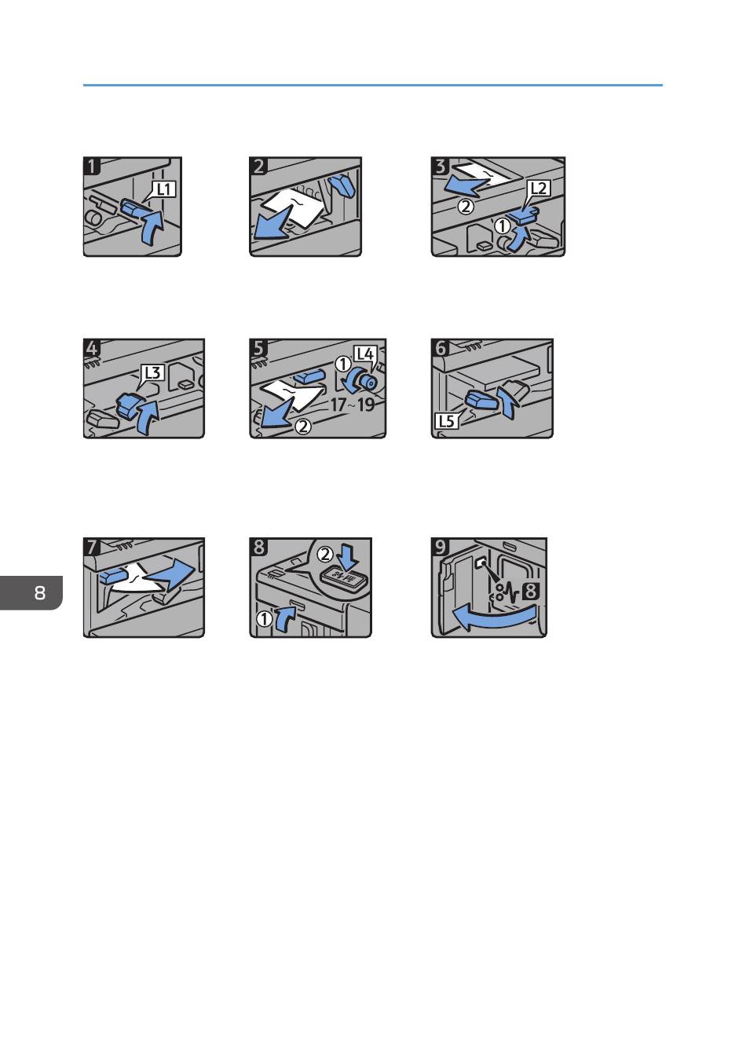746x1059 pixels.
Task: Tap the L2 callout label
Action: click(x=538, y=189)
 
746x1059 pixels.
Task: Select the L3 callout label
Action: click(x=152, y=372)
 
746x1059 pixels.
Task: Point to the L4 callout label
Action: click(x=364, y=354)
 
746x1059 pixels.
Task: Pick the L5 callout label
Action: click(x=446, y=420)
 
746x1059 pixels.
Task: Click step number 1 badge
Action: click(x=92, y=166)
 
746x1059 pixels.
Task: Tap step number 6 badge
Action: click(x=441, y=348)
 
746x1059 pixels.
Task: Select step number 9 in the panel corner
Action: click(x=441, y=547)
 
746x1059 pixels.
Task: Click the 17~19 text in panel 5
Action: click(x=352, y=405)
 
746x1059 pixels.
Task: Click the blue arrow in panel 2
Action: click(x=273, y=224)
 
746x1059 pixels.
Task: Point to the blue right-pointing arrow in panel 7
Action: click(x=171, y=572)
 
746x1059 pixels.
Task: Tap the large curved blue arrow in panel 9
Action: click(x=494, y=617)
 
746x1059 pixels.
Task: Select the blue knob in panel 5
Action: click(x=366, y=381)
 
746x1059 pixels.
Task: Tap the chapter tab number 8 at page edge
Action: click(x=40, y=592)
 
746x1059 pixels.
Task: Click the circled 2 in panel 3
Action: click(x=466, y=207)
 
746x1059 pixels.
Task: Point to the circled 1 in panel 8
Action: click(x=264, y=618)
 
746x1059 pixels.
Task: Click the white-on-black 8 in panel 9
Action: click(x=531, y=592)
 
